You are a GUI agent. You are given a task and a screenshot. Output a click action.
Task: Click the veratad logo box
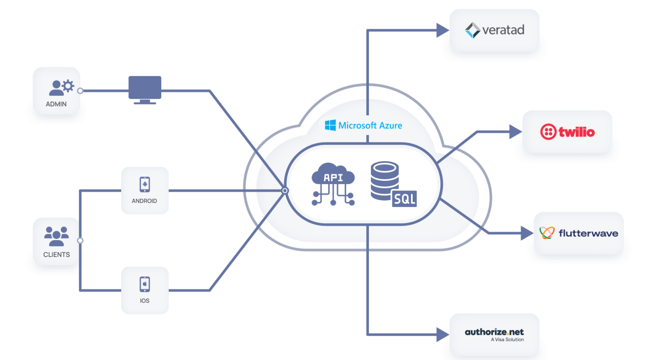pos(494,30)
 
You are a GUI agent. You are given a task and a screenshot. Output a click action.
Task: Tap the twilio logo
pos(567,132)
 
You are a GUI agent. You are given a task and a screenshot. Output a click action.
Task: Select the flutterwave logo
pos(579,233)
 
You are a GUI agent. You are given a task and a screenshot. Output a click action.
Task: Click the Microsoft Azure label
pos(370,125)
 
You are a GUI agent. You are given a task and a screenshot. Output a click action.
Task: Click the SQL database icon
pos(393,184)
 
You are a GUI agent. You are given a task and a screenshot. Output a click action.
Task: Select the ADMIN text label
pos(56,104)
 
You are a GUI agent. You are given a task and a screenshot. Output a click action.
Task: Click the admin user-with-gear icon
pos(61,87)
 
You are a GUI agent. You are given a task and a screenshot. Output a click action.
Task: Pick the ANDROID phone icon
pos(145,184)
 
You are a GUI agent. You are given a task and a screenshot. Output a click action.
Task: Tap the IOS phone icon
pos(145,284)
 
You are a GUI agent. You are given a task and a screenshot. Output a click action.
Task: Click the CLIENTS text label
pos(56,255)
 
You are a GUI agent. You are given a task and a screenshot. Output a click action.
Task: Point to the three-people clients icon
pos(56,236)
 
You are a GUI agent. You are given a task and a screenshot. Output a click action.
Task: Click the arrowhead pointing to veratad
pos(442,30)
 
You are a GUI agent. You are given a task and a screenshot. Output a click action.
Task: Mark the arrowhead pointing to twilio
pos(515,132)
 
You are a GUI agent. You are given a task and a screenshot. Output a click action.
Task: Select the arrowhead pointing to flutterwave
pos(526,233)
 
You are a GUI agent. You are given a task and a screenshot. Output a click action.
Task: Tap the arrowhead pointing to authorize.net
pos(442,334)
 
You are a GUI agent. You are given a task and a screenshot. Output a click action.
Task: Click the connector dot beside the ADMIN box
pos(80,91)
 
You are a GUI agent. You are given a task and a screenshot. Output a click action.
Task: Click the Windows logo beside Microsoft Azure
pos(330,125)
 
